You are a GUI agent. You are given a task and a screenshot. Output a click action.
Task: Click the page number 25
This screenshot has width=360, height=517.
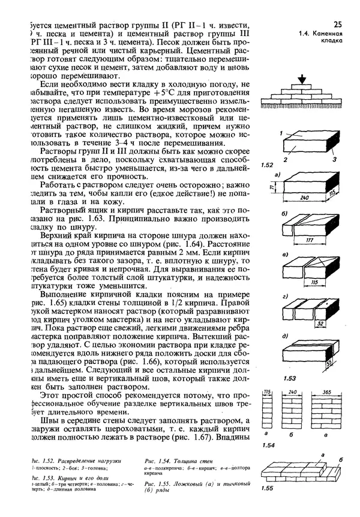tap(337, 24)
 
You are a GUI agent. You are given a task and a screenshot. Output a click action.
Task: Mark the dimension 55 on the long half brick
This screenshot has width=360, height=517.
tap(328, 363)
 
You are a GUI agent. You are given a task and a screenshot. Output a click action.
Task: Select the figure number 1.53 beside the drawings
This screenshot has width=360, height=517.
tap(272, 378)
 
